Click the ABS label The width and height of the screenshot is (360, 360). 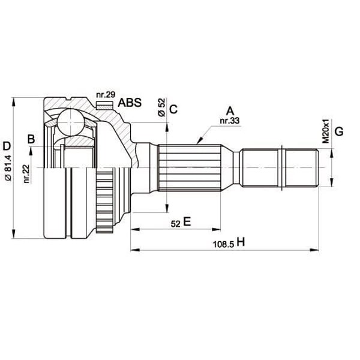[130, 103]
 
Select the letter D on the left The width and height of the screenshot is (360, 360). [7, 145]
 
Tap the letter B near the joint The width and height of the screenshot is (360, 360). [31, 140]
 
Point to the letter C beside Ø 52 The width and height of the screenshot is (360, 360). [173, 109]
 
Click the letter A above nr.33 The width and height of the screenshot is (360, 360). [229, 110]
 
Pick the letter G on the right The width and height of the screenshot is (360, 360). [339, 131]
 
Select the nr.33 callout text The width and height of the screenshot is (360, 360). [229, 121]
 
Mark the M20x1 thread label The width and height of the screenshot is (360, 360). [325, 131]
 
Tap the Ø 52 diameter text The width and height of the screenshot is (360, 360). [161, 107]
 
